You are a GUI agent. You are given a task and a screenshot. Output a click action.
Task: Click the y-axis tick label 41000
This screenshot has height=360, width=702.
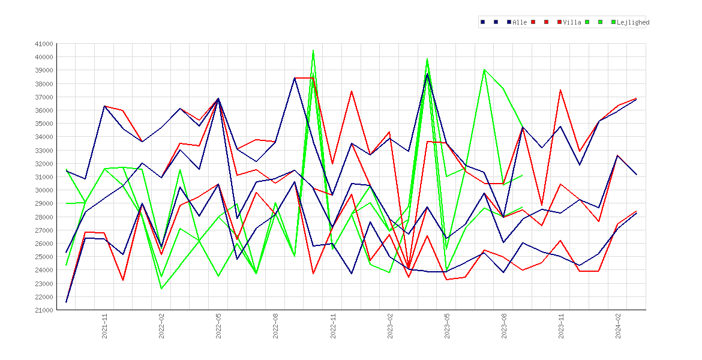[44, 44]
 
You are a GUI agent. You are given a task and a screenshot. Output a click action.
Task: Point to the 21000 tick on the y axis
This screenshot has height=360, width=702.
[44, 310]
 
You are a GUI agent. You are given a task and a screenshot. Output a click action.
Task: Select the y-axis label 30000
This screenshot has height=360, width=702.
[44, 190]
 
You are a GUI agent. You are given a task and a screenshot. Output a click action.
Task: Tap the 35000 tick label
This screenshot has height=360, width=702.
[44, 124]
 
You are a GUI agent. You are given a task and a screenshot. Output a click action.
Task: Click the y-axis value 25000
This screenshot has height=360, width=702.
[44, 257]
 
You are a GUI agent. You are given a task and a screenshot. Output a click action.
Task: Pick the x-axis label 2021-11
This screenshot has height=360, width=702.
[104, 326]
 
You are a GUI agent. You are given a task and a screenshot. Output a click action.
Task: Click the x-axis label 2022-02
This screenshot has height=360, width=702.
[161, 326]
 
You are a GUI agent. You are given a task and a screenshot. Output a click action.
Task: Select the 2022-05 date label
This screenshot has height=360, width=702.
[218, 326]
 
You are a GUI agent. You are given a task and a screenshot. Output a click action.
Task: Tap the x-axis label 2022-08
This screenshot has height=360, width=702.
[276, 326]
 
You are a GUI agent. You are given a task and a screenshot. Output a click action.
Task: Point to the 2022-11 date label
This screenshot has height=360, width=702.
[332, 326]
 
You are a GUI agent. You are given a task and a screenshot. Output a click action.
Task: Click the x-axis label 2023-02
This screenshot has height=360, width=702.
[390, 326]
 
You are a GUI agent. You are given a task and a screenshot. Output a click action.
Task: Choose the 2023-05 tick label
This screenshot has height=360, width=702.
[447, 326]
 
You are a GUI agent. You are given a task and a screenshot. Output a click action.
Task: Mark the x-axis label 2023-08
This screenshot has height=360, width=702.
[504, 326]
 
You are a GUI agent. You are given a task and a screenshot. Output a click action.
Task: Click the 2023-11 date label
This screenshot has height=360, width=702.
[561, 326]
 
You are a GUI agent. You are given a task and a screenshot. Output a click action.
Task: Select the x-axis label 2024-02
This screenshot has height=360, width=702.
[618, 326]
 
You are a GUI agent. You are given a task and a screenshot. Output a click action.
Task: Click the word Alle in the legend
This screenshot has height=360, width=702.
[520, 22]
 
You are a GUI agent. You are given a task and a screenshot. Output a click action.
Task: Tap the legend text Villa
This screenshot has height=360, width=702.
[572, 22]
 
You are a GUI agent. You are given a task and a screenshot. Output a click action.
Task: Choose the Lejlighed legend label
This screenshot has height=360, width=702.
[633, 22]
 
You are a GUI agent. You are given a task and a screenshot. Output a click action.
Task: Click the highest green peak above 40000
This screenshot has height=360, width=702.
[313, 50]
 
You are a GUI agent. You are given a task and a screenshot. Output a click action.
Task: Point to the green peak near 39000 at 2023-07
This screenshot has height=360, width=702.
[484, 70]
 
